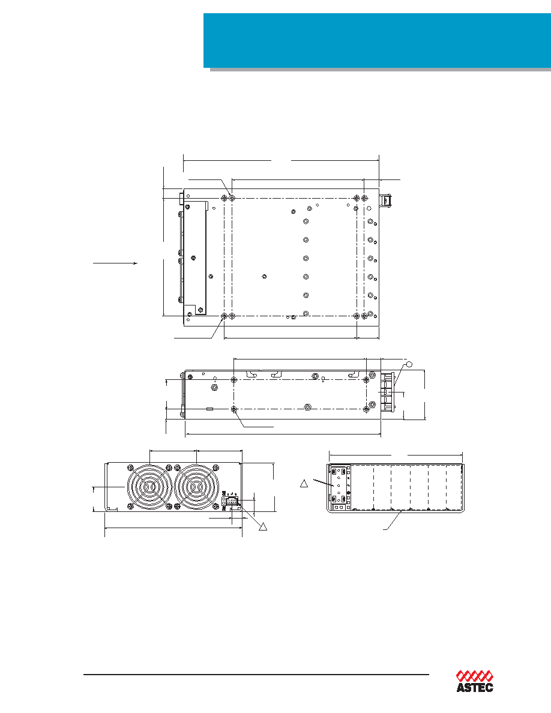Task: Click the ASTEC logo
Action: pos(475,681)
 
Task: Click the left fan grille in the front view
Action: pos(149,487)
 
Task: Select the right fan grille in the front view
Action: pos(196,487)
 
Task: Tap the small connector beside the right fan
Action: pos(230,501)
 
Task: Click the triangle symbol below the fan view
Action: pos(262,526)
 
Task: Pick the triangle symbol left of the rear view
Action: pos(304,483)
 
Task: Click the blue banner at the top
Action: pos(377,40)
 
